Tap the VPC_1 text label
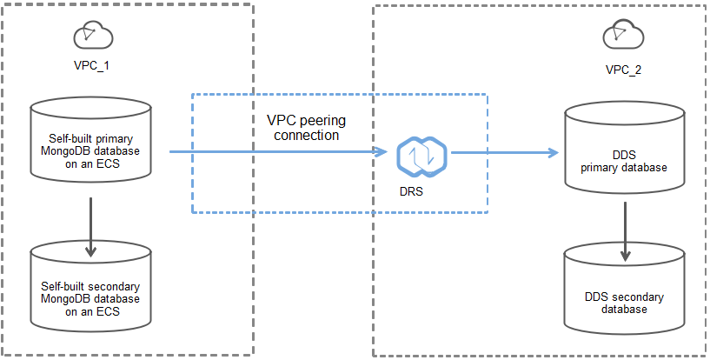90,65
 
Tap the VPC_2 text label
624,69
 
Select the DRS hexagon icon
421,156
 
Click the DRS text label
413,191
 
